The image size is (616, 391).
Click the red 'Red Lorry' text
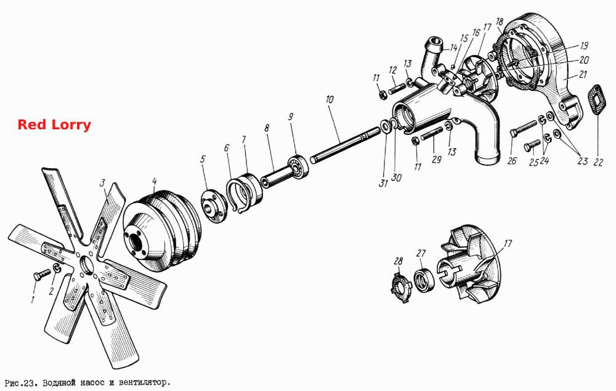tap(54, 125)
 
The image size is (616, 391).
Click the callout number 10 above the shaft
tap(329, 99)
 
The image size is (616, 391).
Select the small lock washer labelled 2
tap(57, 268)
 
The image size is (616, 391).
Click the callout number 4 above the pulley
tap(155, 181)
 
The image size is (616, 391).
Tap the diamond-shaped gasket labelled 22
tap(597, 100)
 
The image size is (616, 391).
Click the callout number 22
tap(598, 162)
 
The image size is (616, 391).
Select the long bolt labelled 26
tap(524, 128)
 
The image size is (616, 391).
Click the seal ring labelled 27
tap(424, 280)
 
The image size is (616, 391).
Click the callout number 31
tap(383, 182)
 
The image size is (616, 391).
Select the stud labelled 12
tap(397, 89)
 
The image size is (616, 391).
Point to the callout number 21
tap(583, 74)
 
